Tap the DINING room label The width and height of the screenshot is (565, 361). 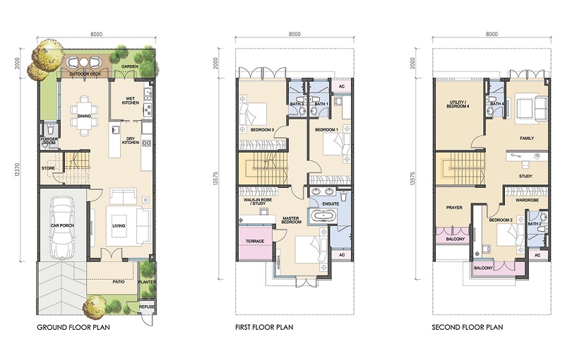click(84, 116)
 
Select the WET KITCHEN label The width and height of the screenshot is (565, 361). click(131, 100)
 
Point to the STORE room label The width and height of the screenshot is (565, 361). click(48, 168)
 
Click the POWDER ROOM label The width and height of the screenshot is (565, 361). click(49, 141)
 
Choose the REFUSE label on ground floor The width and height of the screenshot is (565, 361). click(147, 307)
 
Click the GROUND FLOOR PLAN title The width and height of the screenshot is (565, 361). click(73, 328)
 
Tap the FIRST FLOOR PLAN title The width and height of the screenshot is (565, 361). click(264, 328)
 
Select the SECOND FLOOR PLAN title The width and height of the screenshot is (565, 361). click(468, 328)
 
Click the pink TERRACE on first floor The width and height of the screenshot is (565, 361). click(255, 242)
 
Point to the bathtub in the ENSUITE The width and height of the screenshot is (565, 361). click(323, 216)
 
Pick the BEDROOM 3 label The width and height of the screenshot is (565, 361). click(262, 130)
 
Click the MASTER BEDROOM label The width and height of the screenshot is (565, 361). click(292, 220)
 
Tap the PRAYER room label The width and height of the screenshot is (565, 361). click(454, 208)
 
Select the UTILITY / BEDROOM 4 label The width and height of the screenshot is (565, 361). click(458, 105)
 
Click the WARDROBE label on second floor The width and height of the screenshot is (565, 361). click(527, 200)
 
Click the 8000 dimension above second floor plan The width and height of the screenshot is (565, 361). click(492, 34)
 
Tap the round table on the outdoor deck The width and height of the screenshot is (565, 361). click(83, 62)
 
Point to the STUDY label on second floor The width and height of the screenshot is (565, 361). click(525, 176)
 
